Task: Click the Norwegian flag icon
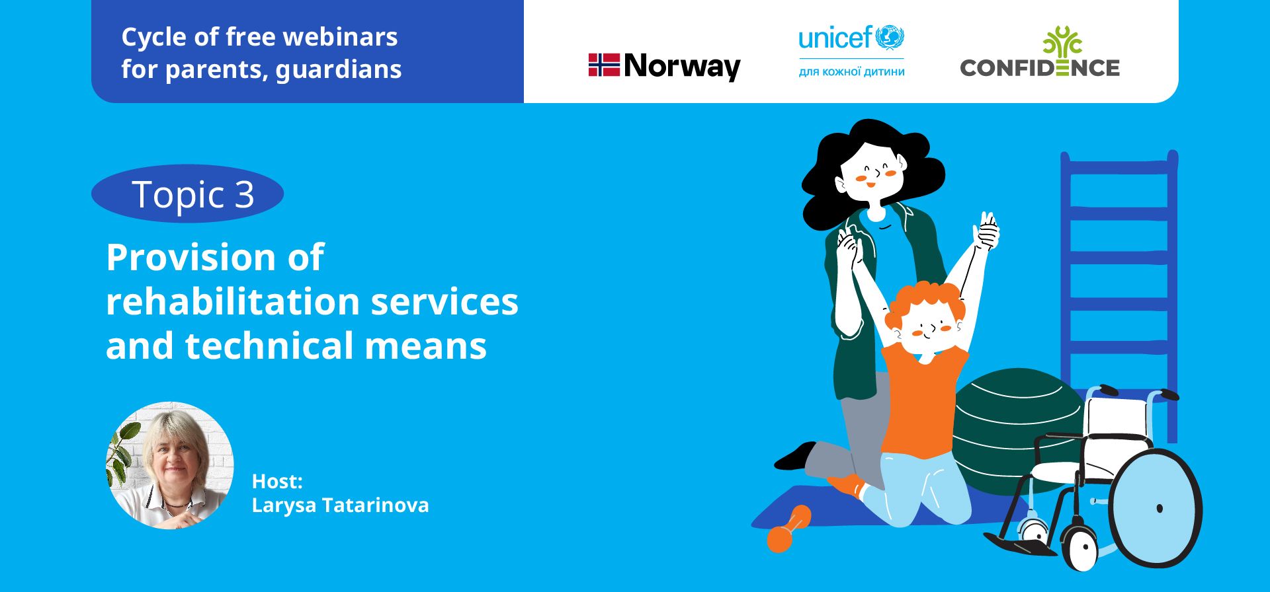604,65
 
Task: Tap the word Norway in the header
682,67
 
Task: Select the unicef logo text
835,38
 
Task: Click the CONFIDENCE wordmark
1039,67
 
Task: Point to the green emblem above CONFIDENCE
1062,41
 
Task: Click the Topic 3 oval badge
187,194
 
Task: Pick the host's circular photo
170,465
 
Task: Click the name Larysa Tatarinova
340,505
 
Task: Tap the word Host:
277,481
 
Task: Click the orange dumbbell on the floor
788,529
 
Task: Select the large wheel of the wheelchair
1155,508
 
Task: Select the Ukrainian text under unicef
851,71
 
